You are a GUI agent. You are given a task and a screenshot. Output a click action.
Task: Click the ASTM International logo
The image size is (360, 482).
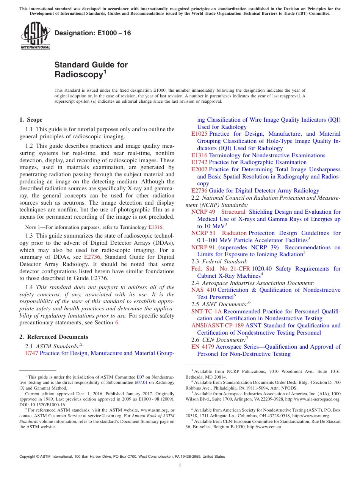pyautogui.click(x=35, y=36)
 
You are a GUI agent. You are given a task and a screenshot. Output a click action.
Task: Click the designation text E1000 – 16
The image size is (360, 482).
pyautogui.click(x=93, y=33)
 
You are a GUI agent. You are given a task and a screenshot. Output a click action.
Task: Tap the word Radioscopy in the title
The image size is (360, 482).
pyautogui.click(x=78, y=75)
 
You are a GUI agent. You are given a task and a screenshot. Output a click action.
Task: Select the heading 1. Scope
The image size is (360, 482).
pyautogui.click(x=31, y=120)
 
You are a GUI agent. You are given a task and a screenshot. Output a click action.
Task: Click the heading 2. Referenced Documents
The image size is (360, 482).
pyautogui.click(x=54, y=337)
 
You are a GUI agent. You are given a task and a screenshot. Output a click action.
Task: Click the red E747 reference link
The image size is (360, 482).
pyautogui.click(x=31, y=353)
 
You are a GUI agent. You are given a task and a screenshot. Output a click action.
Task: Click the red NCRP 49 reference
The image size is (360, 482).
pyautogui.click(x=203, y=212)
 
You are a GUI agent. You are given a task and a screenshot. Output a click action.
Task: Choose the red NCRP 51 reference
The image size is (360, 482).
pyautogui.click(x=203, y=233)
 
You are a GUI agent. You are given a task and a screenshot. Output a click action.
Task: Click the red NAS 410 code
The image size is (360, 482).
pyautogui.click(x=203, y=290)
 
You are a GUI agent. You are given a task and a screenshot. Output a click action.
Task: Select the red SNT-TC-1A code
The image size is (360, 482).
pyautogui.click(x=207, y=311)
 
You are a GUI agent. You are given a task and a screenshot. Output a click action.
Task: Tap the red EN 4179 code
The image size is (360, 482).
pyautogui.click(x=203, y=347)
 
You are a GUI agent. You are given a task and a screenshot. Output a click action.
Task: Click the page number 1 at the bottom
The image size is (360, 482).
pyautogui.click(x=180, y=466)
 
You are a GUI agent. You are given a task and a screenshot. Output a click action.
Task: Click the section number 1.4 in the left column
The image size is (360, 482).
pyautogui.click(x=30, y=287)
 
